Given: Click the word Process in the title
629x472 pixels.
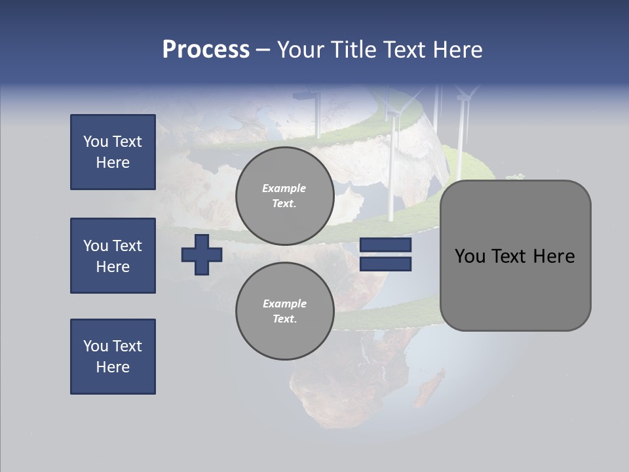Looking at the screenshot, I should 206,50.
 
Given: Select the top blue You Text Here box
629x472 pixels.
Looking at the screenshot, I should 113,152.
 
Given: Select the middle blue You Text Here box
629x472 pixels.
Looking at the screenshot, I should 113,256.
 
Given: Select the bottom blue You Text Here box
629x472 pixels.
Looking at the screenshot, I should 113,357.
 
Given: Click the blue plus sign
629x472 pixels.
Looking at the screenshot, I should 202,254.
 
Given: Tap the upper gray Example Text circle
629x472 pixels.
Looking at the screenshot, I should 284,196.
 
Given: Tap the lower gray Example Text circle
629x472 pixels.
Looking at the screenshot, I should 284,311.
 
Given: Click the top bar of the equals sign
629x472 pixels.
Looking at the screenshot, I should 385,245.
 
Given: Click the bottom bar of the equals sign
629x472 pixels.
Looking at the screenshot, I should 385,264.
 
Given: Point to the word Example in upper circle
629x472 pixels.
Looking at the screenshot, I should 284,188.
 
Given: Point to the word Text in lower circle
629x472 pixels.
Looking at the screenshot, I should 284,319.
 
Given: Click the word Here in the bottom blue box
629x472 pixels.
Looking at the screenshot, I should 113,367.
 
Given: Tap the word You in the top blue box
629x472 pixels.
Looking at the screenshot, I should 95,142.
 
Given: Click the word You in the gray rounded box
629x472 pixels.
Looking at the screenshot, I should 470,256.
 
